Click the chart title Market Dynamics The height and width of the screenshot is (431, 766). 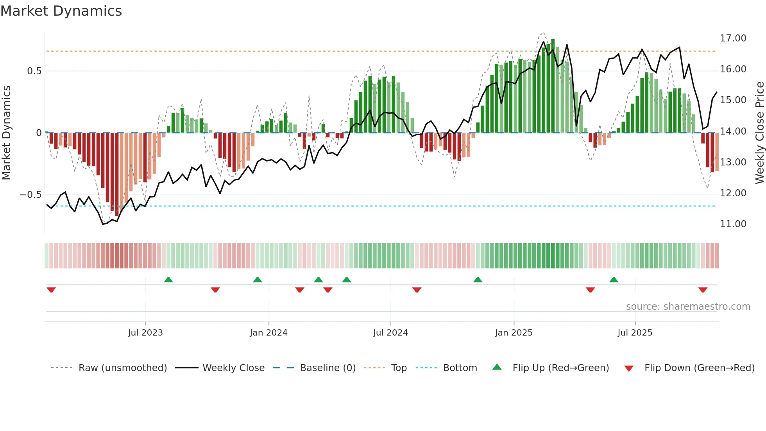point(61,11)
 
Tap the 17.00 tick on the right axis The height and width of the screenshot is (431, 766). point(733,38)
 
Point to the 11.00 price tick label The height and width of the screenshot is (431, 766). point(733,224)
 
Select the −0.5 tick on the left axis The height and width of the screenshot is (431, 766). point(30,195)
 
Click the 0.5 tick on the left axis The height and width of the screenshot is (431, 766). point(34,71)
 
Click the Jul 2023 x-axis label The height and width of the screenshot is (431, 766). point(145,333)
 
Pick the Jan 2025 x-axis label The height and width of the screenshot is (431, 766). point(514,333)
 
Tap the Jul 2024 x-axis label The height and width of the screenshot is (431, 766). point(390,333)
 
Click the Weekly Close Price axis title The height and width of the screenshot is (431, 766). point(759,133)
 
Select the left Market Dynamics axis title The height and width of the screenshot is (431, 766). point(6,133)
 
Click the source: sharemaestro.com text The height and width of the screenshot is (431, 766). point(688,307)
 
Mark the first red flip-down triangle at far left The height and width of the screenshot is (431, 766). point(51,290)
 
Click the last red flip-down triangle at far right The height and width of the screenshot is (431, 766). point(703,290)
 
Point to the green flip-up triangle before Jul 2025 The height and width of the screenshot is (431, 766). point(614,280)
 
